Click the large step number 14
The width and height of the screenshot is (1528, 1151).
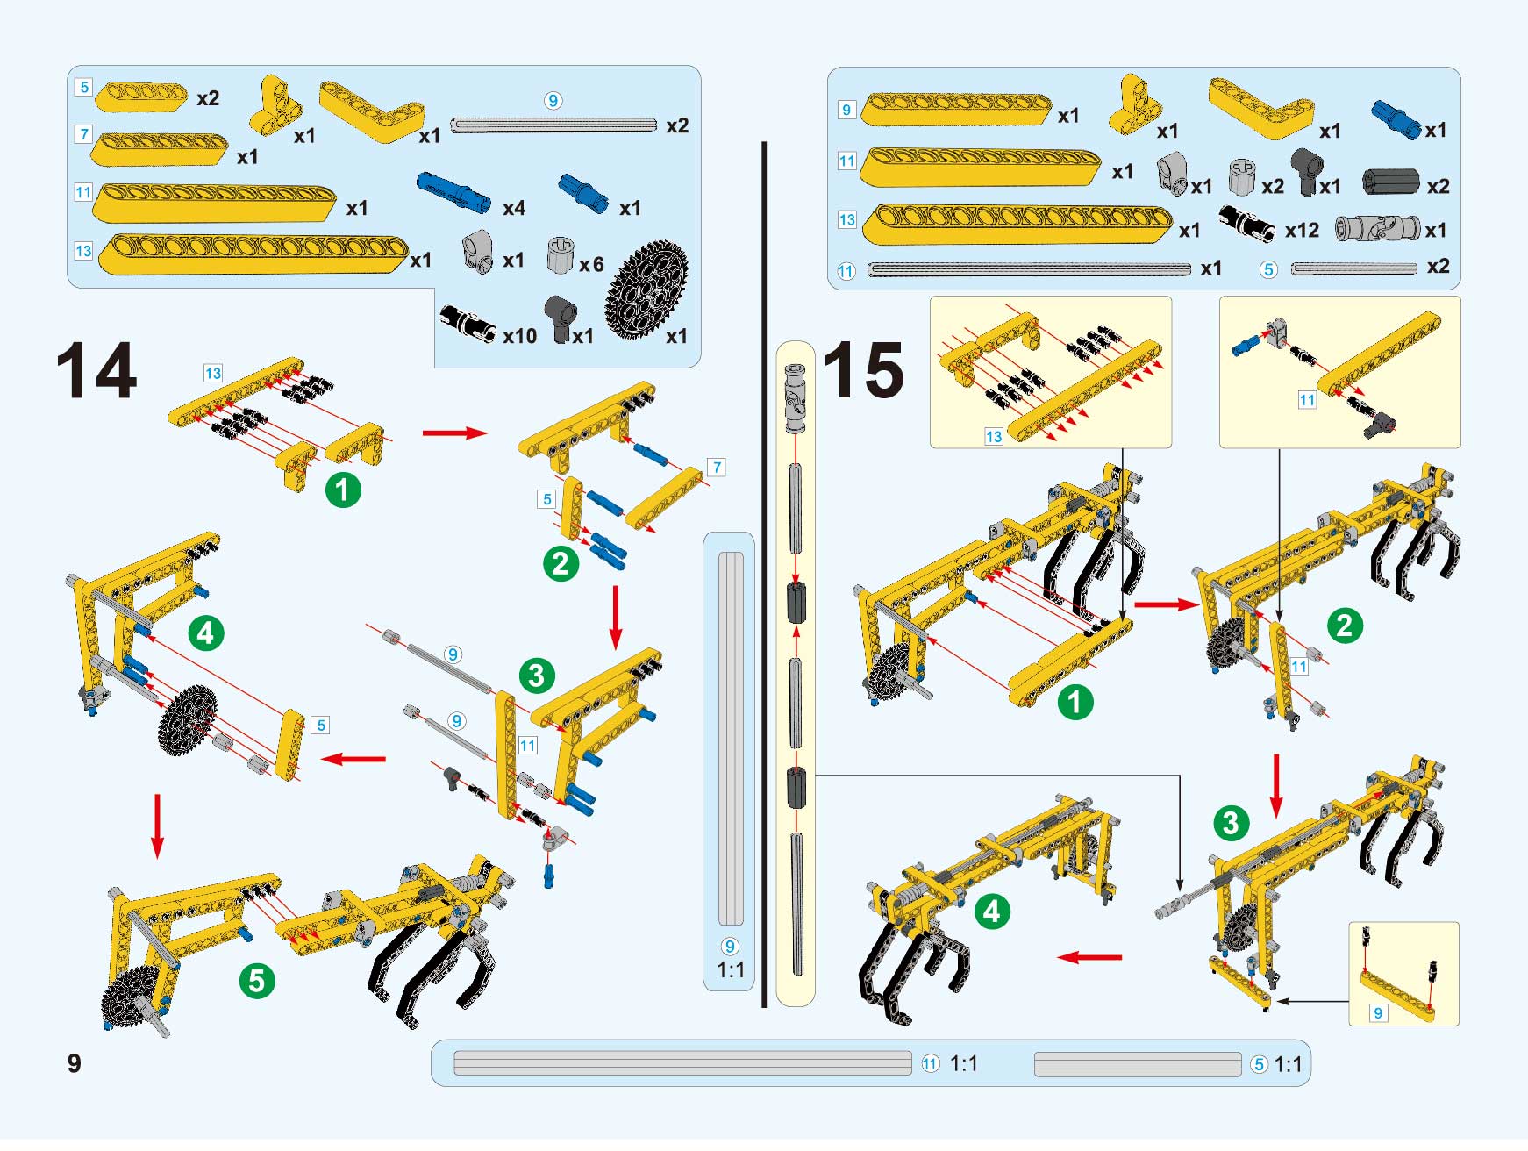click(96, 371)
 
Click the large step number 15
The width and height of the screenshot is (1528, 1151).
click(864, 371)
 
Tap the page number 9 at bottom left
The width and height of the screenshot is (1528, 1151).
click(75, 1063)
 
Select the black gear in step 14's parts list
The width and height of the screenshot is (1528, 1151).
click(646, 290)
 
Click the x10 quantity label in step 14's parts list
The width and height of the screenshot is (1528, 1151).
click(519, 336)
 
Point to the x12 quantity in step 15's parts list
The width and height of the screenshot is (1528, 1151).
click(1302, 231)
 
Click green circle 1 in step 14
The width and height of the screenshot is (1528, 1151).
click(343, 490)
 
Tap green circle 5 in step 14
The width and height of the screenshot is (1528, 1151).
click(257, 981)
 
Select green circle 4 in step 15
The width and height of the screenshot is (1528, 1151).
click(992, 912)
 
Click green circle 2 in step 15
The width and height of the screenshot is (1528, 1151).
click(1345, 626)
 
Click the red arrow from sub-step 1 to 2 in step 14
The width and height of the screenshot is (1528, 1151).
click(454, 433)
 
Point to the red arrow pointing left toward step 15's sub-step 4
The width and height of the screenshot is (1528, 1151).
click(1089, 957)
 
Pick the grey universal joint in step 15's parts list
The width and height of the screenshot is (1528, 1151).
click(1376, 229)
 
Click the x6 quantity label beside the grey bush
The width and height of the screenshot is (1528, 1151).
click(591, 264)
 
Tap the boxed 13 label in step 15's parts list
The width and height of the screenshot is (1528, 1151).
click(846, 219)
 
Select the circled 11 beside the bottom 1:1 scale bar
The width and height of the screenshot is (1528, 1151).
click(931, 1064)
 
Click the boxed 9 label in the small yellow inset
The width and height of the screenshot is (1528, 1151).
click(1378, 1013)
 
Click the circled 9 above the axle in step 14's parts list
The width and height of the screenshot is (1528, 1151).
click(553, 101)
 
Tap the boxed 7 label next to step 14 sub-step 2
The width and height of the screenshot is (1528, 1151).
click(717, 467)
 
